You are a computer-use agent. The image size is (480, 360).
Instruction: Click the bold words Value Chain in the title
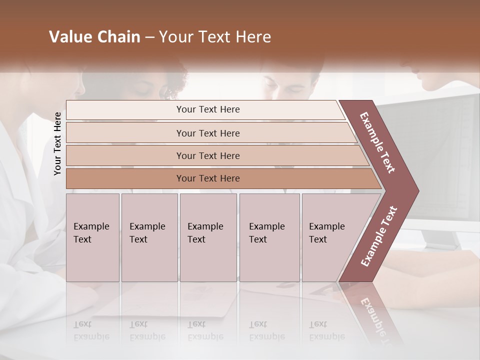coord(94,37)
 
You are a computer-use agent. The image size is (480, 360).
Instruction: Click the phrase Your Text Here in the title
coord(215,37)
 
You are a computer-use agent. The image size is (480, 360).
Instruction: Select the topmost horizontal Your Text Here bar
coord(207,109)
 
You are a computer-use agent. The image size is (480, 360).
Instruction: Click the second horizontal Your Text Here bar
coord(207,133)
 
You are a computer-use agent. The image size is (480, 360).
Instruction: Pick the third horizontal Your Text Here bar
coord(207,155)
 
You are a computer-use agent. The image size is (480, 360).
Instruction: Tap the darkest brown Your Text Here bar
coord(207,178)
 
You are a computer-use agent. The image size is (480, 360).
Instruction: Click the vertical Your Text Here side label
coord(57,143)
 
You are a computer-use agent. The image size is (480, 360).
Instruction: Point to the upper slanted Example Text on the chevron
coord(377,142)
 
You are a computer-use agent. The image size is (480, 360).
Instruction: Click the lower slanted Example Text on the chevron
coord(379,236)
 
